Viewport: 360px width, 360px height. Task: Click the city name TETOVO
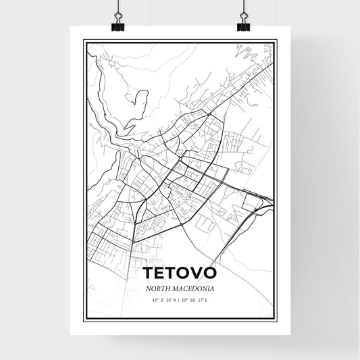pos(180,273)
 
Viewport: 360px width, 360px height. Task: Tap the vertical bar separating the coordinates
pos(180,300)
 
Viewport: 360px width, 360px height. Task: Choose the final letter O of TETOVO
pos(209,273)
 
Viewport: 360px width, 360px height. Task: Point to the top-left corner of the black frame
pos(84,41)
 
